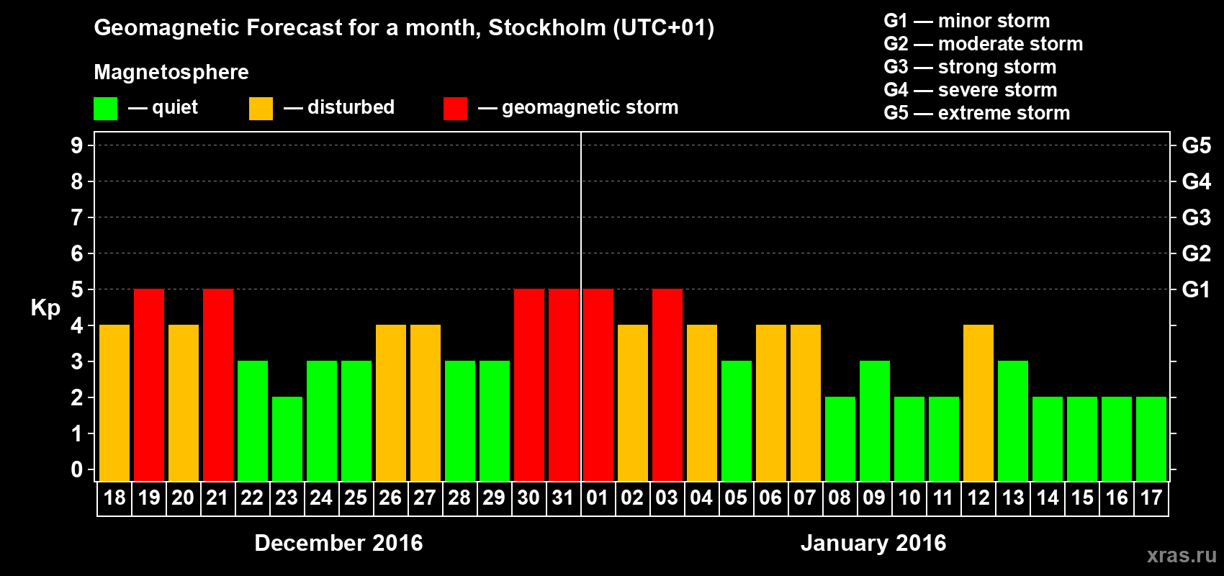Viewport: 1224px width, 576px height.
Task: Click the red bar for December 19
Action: pyautogui.click(x=149, y=384)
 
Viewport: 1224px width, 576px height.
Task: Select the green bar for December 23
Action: pyautogui.click(x=287, y=438)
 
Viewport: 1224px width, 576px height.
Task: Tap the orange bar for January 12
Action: pyautogui.click(x=978, y=402)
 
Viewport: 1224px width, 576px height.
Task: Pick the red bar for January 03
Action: pyautogui.click(x=667, y=384)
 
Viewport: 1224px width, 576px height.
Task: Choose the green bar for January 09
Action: pyautogui.click(x=875, y=420)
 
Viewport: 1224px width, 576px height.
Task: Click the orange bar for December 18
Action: pyautogui.click(x=114, y=402)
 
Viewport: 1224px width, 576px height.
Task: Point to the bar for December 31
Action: pyautogui.click(x=564, y=384)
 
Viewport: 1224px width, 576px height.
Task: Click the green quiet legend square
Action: pyautogui.click(x=105, y=109)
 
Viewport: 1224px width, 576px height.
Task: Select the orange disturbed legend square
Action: pyautogui.click(x=261, y=109)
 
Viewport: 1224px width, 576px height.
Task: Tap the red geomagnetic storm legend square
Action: pyautogui.click(x=455, y=109)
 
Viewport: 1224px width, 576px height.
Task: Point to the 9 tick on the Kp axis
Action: pyautogui.click(x=77, y=145)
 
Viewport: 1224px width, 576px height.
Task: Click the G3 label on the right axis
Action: pyautogui.click(x=1196, y=217)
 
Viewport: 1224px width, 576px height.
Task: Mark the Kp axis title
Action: pyautogui.click(x=45, y=308)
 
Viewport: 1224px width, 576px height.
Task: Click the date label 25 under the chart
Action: pyautogui.click(x=356, y=498)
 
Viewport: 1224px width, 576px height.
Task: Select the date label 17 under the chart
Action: pyautogui.click(x=1151, y=498)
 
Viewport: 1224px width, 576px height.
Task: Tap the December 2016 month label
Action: pyautogui.click(x=338, y=543)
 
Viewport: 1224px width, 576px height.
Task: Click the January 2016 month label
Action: pyautogui.click(x=873, y=543)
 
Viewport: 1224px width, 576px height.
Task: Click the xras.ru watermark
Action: pyautogui.click(x=1182, y=555)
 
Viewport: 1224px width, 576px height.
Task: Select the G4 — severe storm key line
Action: pyautogui.click(x=971, y=90)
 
